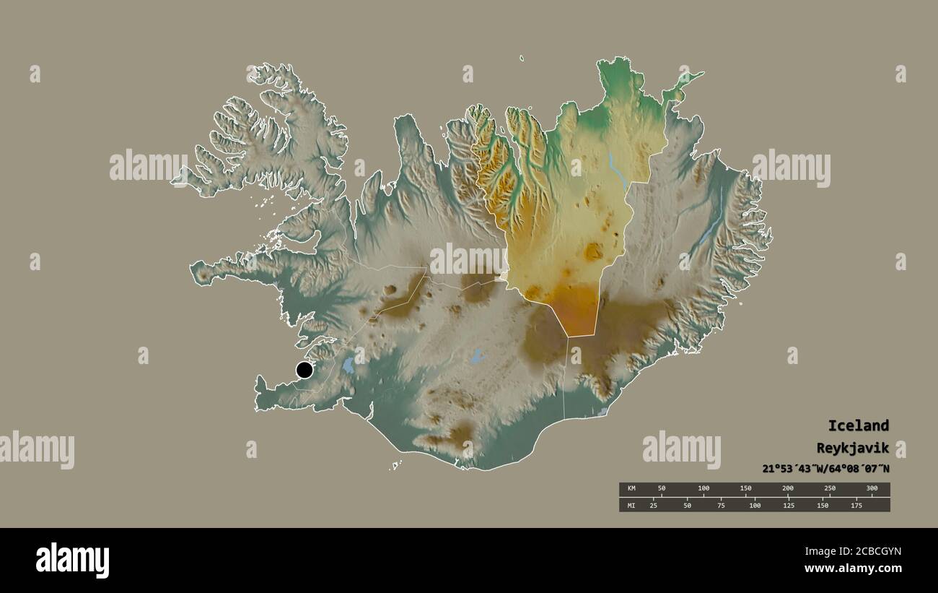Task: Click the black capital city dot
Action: tap(304, 371)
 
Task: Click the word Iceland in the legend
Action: tap(858, 425)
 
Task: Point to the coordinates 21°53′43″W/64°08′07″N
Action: tap(825, 468)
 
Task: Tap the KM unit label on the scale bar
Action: tap(631, 489)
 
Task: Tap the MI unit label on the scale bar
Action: tap(631, 505)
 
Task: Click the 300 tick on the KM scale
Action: tap(872, 489)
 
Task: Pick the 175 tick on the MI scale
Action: tap(856, 505)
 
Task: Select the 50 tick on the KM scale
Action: tap(662, 489)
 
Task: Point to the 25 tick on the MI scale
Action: tap(654, 505)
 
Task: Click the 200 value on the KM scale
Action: tap(788, 489)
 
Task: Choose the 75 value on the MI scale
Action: tap(721, 505)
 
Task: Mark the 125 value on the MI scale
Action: tap(789, 505)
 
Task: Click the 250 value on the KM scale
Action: tap(830, 489)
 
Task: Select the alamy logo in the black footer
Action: tap(72, 560)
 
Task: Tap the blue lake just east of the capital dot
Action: tap(349, 365)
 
